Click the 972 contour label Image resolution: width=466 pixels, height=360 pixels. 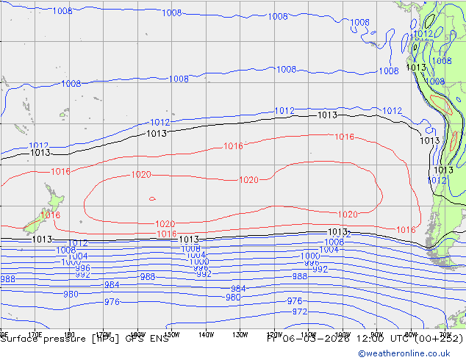(300, 312)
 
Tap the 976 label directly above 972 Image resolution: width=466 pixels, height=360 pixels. (295, 301)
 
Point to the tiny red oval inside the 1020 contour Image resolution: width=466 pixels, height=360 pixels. (152, 198)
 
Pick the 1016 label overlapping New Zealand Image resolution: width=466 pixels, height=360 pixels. (51, 215)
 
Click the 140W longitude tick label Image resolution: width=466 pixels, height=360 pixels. (206, 334)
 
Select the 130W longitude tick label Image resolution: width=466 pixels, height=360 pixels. (240, 334)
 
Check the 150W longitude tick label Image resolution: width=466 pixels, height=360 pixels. (171, 334)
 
